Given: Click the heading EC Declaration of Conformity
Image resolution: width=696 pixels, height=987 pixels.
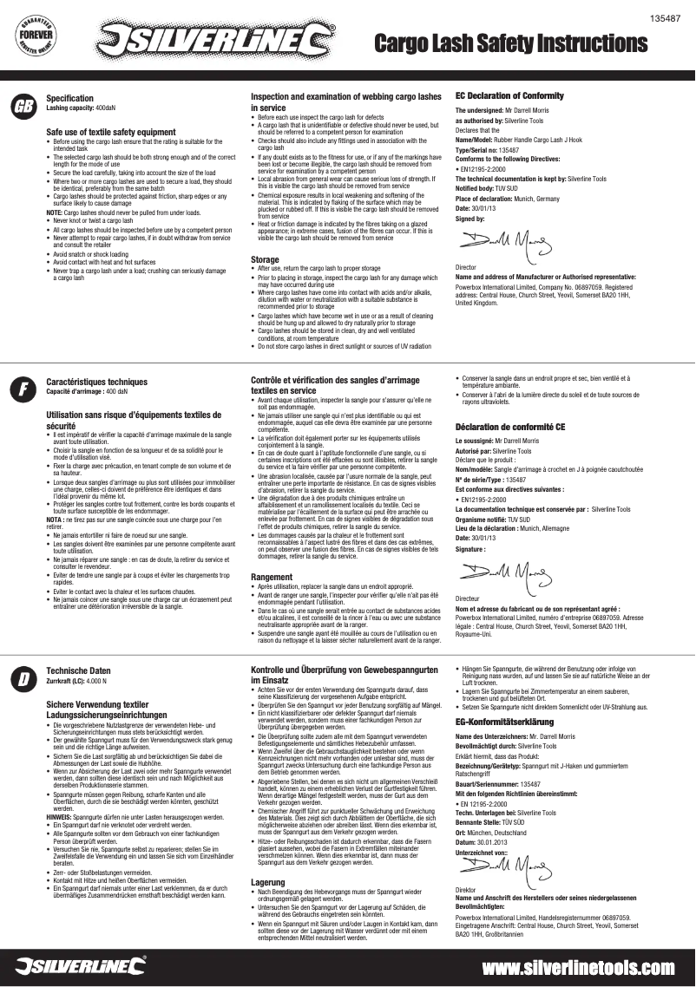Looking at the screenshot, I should click(509, 95).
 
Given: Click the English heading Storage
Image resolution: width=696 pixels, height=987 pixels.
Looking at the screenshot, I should click(265, 259).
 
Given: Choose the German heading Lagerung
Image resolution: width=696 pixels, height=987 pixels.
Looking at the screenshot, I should click(267, 881).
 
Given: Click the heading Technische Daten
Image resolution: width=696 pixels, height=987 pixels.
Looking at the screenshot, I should click(78, 670).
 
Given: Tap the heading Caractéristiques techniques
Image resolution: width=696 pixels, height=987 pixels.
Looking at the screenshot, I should click(96, 382).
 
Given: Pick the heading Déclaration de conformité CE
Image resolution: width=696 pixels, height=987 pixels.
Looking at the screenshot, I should click(510, 427).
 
